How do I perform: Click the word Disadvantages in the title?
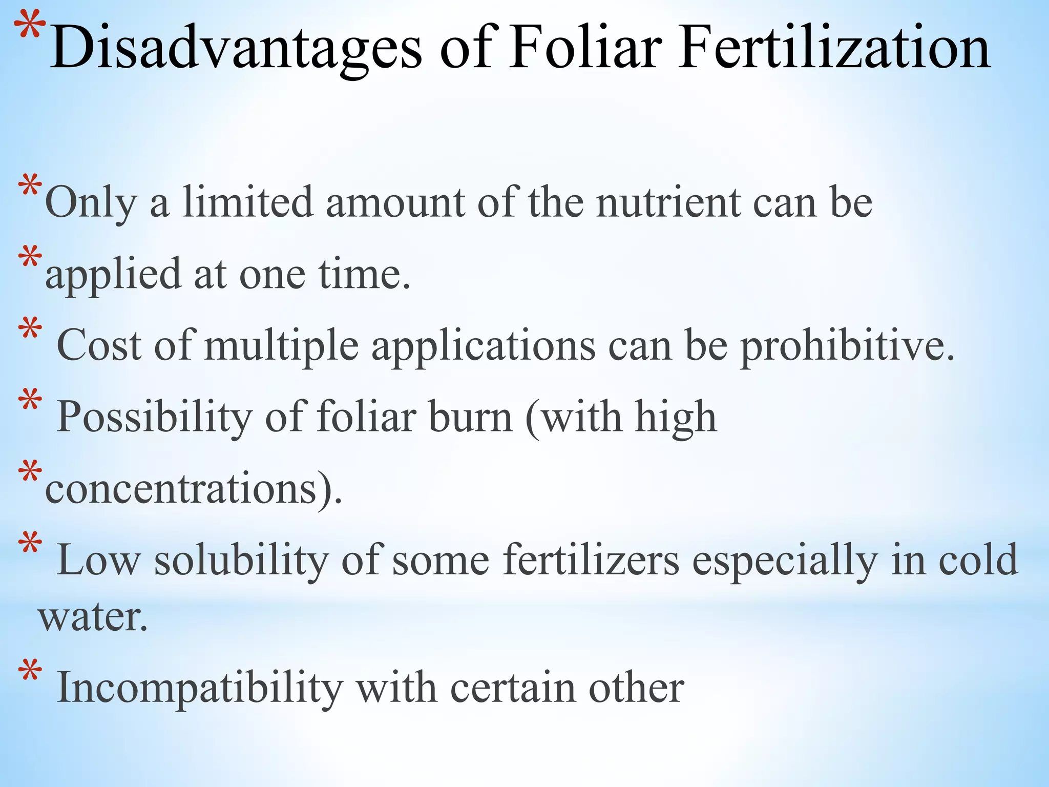coord(236,49)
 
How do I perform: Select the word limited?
coord(248,202)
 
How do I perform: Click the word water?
coord(93,617)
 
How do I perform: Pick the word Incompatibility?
coord(200,688)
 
